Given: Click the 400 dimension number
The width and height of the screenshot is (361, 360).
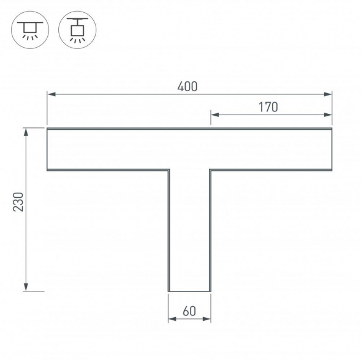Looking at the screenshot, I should coord(188,86).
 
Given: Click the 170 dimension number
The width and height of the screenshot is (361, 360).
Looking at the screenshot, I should coord(268,107).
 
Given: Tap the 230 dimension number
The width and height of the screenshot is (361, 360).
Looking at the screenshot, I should coord(18,203).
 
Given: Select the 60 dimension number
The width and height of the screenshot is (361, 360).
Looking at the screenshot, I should coord(189,311).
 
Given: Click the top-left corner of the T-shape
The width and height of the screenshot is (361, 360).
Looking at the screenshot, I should coord(48,129).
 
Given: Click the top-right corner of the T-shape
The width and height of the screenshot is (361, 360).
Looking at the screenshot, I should coord(332,129).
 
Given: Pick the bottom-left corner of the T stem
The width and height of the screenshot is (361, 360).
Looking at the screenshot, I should coord(169,291).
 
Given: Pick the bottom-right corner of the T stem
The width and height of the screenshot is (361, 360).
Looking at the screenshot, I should coord(210,291).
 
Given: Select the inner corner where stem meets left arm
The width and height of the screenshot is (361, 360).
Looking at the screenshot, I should coord(169,170).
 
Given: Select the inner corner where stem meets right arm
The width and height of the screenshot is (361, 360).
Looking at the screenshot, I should coord(210,170).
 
